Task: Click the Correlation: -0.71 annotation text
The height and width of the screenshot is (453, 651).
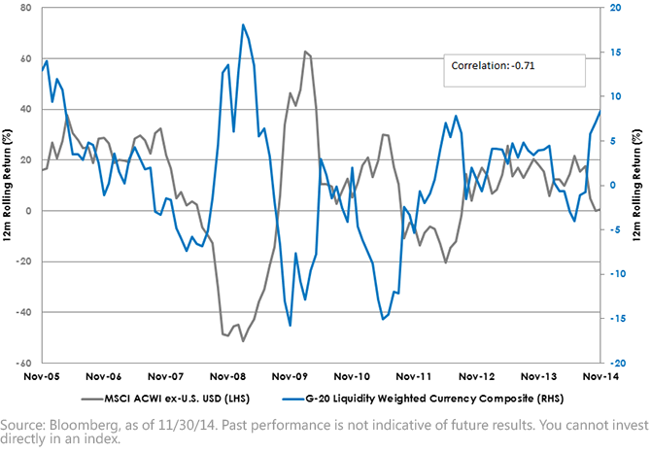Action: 493,65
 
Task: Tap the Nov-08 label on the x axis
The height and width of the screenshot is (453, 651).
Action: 227,376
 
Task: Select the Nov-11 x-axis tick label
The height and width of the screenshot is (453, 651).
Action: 414,376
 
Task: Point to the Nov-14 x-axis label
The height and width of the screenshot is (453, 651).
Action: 600,376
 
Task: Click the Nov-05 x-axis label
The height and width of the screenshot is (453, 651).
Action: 42,376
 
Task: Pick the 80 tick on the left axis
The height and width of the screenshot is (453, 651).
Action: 25,8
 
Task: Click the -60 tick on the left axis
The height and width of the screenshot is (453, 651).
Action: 23,363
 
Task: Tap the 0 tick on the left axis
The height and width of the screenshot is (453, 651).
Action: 28,211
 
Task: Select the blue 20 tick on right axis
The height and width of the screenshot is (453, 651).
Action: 616,8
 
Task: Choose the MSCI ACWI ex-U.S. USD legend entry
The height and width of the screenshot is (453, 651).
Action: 165,399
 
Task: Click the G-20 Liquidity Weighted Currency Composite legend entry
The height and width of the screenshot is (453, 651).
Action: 423,399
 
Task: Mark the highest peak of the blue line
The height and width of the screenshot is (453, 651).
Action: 243,24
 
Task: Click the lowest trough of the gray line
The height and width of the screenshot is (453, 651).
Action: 243,341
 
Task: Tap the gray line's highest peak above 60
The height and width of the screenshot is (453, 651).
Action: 305,52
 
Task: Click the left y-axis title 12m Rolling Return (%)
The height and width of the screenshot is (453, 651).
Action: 7,186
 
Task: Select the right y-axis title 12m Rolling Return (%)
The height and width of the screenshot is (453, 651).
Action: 636,186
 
